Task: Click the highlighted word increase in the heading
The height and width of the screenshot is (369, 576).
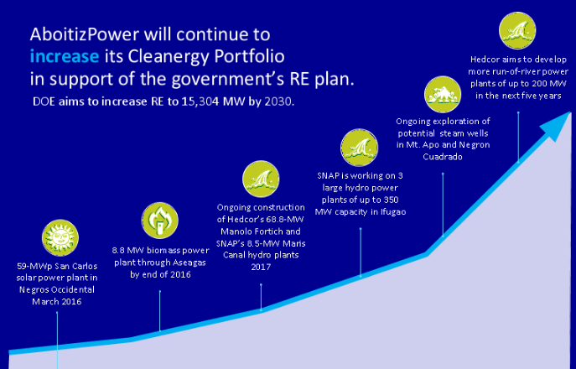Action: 65,56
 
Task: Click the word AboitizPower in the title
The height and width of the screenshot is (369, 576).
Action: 85,34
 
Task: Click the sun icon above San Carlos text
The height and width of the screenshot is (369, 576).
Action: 60,238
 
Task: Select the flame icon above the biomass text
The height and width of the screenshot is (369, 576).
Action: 160,221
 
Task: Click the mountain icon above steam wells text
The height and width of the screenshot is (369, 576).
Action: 443,95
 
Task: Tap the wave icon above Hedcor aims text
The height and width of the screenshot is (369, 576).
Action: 517,30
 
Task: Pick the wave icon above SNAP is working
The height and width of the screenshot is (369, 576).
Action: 359,148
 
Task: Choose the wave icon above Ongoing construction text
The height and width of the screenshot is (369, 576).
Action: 261,179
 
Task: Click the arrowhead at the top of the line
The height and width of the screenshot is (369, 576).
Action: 557,125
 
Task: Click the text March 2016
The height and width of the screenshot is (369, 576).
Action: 56,302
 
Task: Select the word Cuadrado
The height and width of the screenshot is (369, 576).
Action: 443,157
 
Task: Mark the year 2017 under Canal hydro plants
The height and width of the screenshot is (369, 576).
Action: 261,267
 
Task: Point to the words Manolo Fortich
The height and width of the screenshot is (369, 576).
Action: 261,231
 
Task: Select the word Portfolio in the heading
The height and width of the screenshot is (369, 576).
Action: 249,56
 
